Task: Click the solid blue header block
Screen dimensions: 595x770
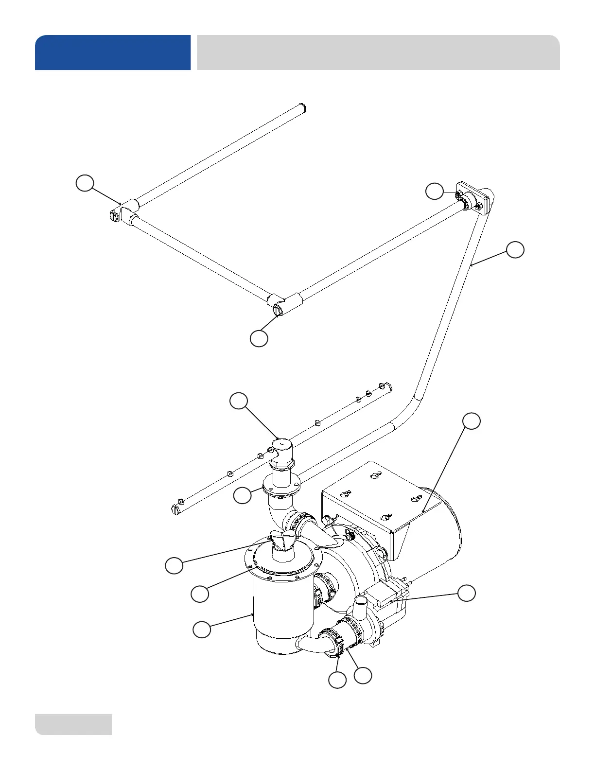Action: pyautogui.click(x=113, y=52)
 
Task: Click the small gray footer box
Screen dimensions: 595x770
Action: pyautogui.click(x=73, y=724)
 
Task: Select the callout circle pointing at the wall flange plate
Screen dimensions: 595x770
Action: pyautogui.click(x=435, y=191)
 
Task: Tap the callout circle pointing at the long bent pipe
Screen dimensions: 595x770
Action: pyautogui.click(x=515, y=249)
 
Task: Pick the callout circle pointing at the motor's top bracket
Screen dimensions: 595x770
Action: pyautogui.click(x=471, y=421)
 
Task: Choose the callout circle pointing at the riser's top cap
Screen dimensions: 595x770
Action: pyautogui.click(x=239, y=401)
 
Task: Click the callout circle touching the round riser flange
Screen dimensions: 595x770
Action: pyautogui.click(x=242, y=495)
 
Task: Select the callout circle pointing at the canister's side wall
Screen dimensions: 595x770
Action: pyautogui.click(x=202, y=629)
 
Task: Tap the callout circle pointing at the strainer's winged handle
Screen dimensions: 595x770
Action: pyautogui.click(x=174, y=566)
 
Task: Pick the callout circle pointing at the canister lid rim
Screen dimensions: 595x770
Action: pyautogui.click(x=200, y=594)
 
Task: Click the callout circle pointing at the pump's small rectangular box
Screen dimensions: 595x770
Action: pyautogui.click(x=467, y=593)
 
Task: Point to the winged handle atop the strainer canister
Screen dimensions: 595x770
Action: pyautogui.click(x=282, y=541)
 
